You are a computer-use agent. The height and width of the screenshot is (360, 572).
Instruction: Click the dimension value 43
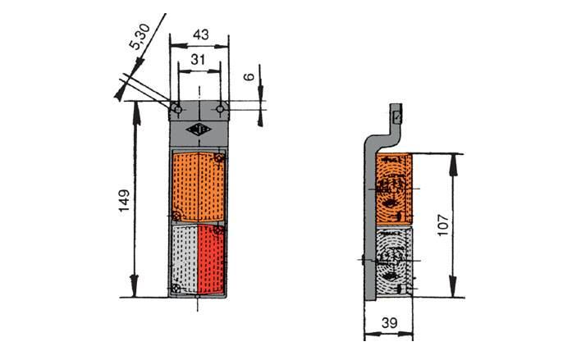[x=200, y=34]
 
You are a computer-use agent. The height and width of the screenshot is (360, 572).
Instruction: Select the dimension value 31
[x=198, y=59]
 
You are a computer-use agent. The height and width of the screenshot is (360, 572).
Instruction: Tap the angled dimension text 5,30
[x=140, y=36]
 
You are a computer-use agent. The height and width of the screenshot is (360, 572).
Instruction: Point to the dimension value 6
[x=249, y=76]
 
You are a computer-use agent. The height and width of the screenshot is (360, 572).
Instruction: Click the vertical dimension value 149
[x=124, y=200]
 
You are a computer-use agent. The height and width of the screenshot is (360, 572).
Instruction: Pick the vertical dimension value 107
[x=442, y=226]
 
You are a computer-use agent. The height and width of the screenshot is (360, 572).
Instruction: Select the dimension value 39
[x=389, y=323]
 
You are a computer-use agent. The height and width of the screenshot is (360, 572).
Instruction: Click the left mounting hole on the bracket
[x=178, y=109]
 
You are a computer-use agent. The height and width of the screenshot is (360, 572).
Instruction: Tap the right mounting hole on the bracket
[x=220, y=109]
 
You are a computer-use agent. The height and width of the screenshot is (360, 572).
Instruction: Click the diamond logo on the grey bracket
[x=198, y=130]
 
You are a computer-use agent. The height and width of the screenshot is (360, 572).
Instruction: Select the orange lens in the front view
[x=198, y=187]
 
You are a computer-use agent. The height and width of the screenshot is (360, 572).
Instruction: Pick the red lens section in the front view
[x=211, y=259]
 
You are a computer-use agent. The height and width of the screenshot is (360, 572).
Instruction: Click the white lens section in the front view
[x=185, y=259]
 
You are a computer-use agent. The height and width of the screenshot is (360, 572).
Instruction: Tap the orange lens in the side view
[x=394, y=189]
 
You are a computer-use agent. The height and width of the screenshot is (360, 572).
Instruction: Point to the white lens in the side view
[x=394, y=261]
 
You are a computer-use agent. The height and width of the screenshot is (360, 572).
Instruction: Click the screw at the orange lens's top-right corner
[x=219, y=158]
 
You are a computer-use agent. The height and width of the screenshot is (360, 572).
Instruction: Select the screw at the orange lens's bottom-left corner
[x=176, y=216]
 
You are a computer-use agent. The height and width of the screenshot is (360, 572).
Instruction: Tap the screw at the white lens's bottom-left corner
[x=176, y=289]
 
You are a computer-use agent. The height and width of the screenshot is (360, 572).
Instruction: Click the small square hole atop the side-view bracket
[x=397, y=117]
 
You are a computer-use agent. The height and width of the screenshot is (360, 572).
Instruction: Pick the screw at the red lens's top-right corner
[x=219, y=230]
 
